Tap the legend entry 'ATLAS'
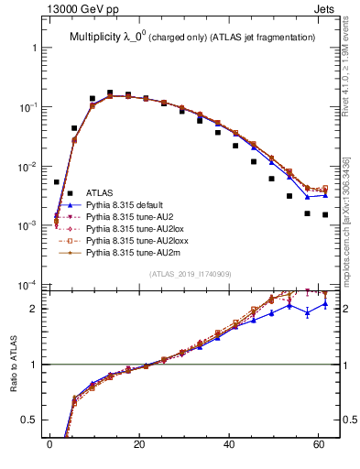tap(99, 193)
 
